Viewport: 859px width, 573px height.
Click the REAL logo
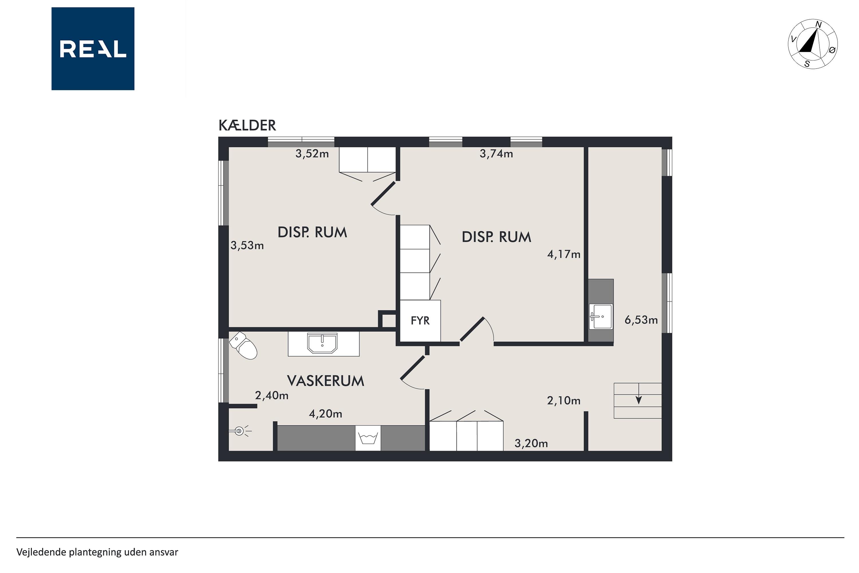pyautogui.click(x=93, y=49)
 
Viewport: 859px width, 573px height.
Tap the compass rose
pyautogui.click(x=813, y=44)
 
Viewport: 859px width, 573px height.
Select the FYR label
pyautogui.click(x=420, y=321)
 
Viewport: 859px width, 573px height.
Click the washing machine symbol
pyautogui.click(x=368, y=438)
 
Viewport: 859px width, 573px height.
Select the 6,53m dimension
pyautogui.click(x=641, y=320)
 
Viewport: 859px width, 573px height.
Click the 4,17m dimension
pyautogui.click(x=564, y=254)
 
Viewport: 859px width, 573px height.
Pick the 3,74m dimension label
pyautogui.click(x=496, y=154)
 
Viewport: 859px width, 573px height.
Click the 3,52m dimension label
pyautogui.click(x=312, y=154)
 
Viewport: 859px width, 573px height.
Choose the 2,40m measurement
pyautogui.click(x=271, y=395)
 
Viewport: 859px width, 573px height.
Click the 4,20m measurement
pyautogui.click(x=325, y=414)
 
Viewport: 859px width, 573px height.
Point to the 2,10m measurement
pyautogui.click(x=564, y=401)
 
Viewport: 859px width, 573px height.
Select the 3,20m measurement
pyautogui.click(x=531, y=444)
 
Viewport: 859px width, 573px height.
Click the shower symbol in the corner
pyautogui.click(x=240, y=431)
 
